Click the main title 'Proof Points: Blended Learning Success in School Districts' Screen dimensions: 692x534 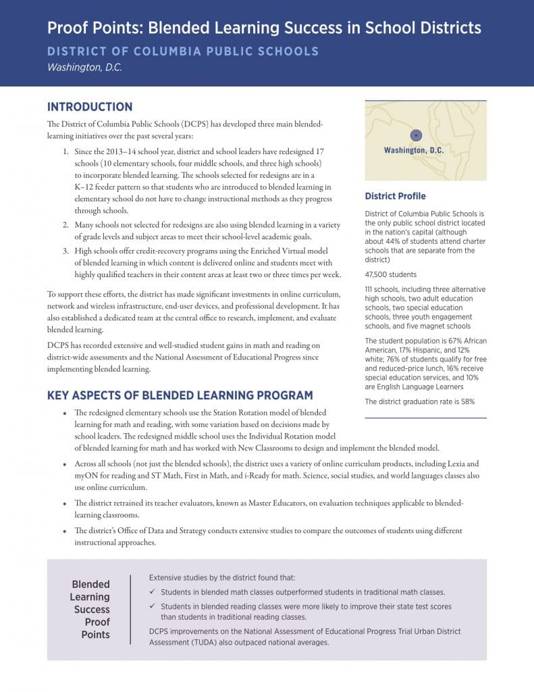264,28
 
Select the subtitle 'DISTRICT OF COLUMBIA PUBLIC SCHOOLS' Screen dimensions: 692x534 183,52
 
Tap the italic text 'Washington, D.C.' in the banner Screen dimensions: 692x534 84,68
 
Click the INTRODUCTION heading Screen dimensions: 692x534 90,107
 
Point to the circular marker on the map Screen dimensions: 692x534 416,134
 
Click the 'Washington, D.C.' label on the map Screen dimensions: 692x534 414,150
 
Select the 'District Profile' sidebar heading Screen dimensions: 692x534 395,196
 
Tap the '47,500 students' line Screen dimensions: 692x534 391,275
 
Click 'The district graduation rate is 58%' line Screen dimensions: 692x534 419,401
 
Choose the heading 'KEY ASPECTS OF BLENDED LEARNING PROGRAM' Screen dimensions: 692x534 180,395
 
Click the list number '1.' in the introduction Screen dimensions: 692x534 65,153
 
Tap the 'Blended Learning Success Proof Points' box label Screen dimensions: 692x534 90,609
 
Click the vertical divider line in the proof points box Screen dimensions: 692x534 130,609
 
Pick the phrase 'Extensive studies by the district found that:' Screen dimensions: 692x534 222,578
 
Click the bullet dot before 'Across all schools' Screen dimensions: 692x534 64,465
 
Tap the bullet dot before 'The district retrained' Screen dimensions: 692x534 64,504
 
